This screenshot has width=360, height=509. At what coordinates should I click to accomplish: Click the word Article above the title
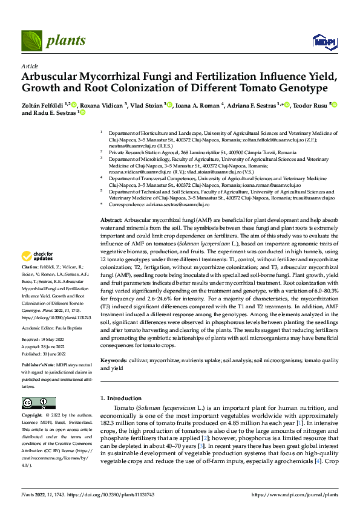pyautogui.click(x=30, y=66)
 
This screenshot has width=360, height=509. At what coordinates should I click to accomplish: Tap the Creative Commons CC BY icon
pyautogui.click(x=39, y=403)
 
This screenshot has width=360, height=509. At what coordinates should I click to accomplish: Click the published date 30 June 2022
pyautogui.click(x=56, y=355)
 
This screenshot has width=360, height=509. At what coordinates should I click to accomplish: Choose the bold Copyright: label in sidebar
pyautogui.click(x=32, y=416)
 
